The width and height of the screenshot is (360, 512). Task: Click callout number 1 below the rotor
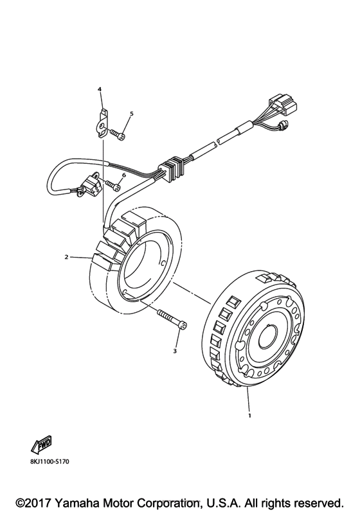click(x=249, y=415)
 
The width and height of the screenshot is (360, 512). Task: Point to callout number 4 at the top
click(x=100, y=90)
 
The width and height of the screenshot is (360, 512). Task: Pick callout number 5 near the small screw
click(x=131, y=114)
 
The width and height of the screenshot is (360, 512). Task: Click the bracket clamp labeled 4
click(x=102, y=120)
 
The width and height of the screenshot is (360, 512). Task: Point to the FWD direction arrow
click(x=40, y=444)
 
